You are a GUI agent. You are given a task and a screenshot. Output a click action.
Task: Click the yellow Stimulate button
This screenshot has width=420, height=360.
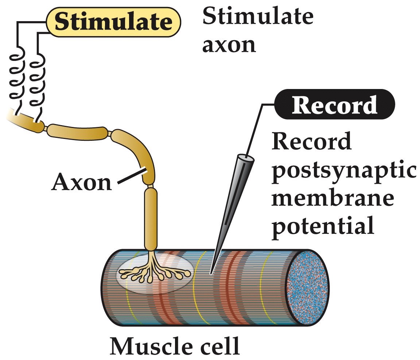coord(113,22)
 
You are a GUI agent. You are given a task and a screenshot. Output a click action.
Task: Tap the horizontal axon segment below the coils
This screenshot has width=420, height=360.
coord(77,131)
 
